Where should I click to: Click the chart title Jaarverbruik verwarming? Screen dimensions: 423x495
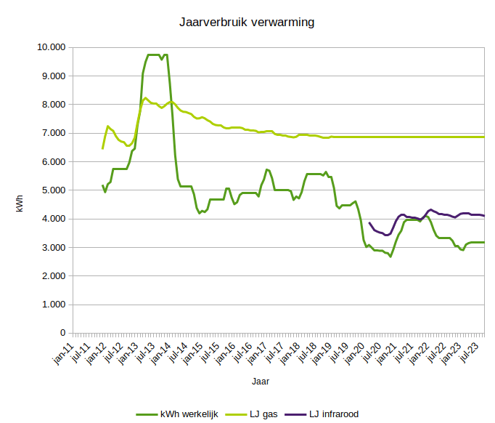(x=247, y=23)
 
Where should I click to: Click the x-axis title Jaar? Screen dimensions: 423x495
(x=261, y=380)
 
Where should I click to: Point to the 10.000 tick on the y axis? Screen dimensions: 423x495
(x=50, y=47)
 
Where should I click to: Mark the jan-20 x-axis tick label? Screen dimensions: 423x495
(x=356, y=351)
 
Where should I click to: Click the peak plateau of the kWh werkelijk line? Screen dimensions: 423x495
(x=154, y=55)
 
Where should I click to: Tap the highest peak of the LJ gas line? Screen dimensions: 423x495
(x=146, y=98)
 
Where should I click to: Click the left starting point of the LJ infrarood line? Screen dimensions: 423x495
(x=369, y=222)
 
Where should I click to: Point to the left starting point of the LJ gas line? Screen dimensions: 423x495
(x=102, y=148)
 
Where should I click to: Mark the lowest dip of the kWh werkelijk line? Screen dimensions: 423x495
(x=390, y=257)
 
